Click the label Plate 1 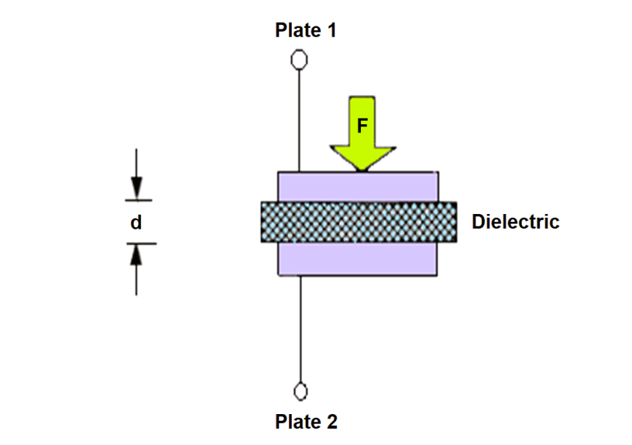click(x=306, y=30)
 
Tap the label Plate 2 click(x=306, y=421)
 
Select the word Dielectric click(x=515, y=221)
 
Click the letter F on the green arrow click(x=362, y=126)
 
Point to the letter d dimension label click(x=136, y=222)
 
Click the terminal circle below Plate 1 click(x=299, y=60)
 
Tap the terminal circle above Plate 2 click(x=301, y=391)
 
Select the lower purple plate click(x=357, y=259)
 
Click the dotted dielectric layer click(x=359, y=222)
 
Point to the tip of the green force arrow click(x=362, y=171)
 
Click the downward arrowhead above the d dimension click(x=136, y=188)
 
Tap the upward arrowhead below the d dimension click(x=136, y=256)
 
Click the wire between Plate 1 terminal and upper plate click(x=299, y=121)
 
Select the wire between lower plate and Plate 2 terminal click(x=301, y=329)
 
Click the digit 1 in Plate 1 click(x=331, y=30)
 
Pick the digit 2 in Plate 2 click(x=331, y=421)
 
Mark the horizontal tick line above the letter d click(x=138, y=200)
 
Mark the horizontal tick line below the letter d click(x=142, y=243)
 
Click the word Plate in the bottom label click(x=298, y=421)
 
